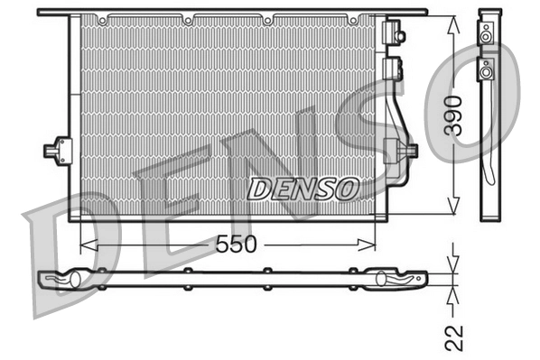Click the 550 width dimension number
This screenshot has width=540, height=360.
[x=236, y=244]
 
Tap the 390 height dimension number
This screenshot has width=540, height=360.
[x=456, y=115]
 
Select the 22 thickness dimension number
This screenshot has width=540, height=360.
[x=456, y=337]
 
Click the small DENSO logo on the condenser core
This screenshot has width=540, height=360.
[x=303, y=189]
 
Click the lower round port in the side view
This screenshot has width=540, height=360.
[x=486, y=70]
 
